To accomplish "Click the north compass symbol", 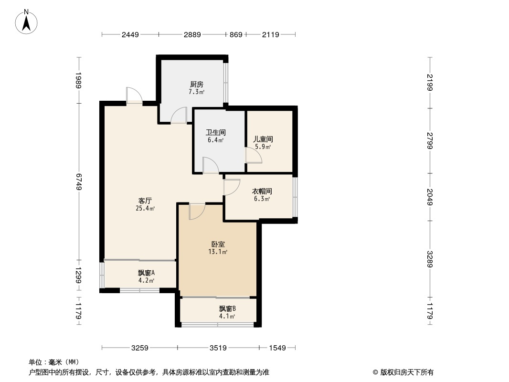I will tap(27, 22).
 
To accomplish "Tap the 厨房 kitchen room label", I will tap(197, 85).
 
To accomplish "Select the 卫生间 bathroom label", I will tap(216, 132).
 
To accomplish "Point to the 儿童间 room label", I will tap(263, 139).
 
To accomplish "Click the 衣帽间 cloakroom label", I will tap(262, 191).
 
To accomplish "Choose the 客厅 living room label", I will tap(146, 201).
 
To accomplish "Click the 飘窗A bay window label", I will tap(146, 273).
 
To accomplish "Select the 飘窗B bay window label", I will tap(227, 308).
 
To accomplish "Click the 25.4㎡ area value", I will tap(146, 209).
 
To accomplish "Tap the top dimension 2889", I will tap(192, 34).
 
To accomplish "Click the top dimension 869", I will tap(236, 34).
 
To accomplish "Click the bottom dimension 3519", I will tap(218, 348).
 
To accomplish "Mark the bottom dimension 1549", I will tap(277, 348).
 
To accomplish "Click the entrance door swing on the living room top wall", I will tap(134, 95).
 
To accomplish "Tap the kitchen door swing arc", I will tap(179, 115).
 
